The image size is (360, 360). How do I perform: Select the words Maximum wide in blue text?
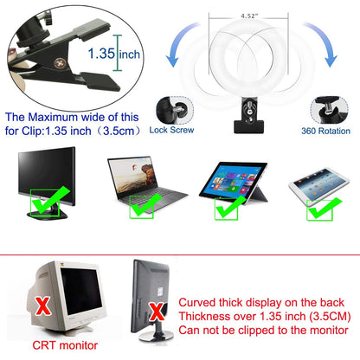69,117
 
